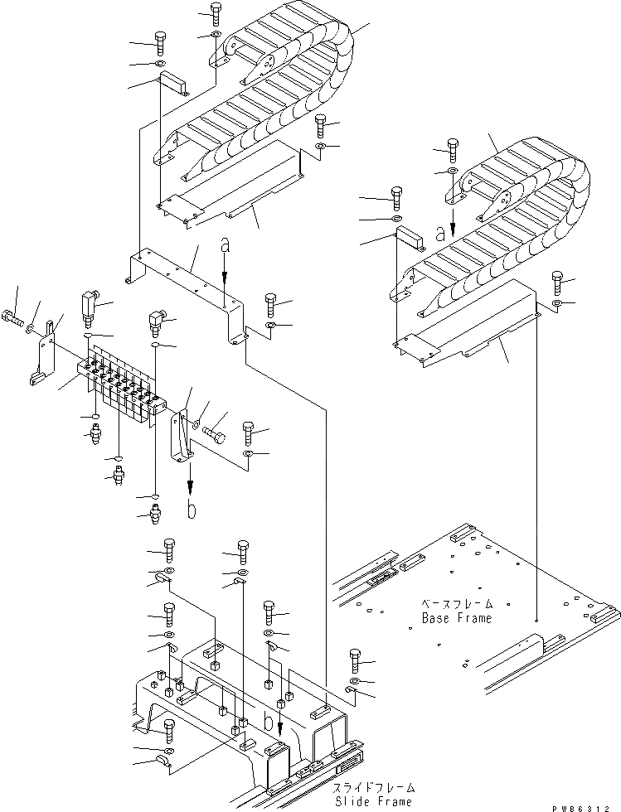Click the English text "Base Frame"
456,618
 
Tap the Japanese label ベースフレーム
457,604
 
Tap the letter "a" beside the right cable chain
439,234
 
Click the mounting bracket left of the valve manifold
46,352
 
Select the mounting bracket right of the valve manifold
181,435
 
